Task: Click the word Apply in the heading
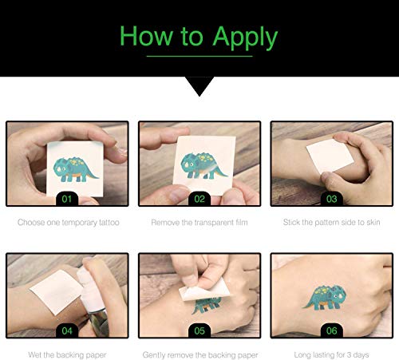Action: coord(245,38)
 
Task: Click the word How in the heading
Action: coord(146,36)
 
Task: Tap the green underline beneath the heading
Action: coord(199,56)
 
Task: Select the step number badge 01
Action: coord(67,199)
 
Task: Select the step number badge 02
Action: coord(199,199)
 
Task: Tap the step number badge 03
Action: coord(332,199)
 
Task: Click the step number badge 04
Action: coord(67,330)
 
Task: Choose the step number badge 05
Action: coord(199,330)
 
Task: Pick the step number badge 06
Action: coord(332,330)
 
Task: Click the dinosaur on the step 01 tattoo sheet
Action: coord(76,169)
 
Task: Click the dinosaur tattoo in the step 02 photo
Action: coord(203,165)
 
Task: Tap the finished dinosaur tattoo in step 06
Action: coord(325,298)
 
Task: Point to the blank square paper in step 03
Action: coord(330,156)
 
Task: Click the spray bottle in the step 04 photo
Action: coord(93,301)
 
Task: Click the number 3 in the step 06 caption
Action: coord(349,354)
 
